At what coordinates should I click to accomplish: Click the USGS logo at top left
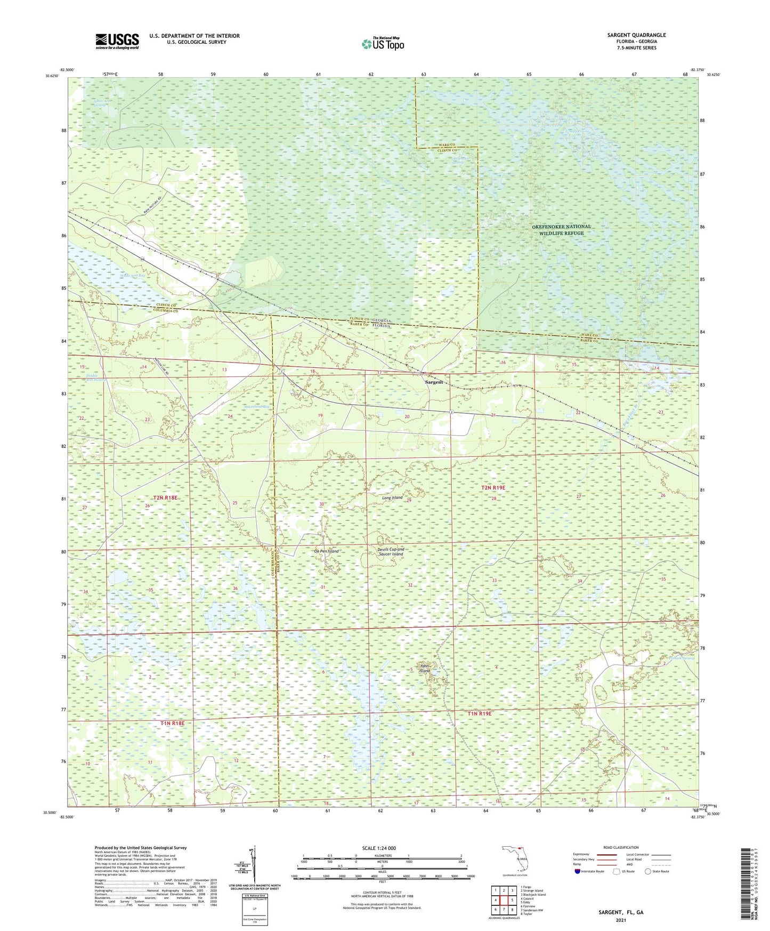point(117,41)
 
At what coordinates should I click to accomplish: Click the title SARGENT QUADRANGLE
point(636,35)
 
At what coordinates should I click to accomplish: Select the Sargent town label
point(433,382)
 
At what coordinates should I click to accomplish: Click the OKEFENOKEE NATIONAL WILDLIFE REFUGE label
point(561,230)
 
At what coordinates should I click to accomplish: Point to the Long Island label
point(392,497)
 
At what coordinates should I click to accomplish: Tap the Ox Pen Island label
point(326,551)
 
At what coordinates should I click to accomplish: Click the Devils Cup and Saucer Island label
point(391,551)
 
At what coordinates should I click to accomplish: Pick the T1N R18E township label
point(172,723)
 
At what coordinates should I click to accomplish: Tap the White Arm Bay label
point(132,276)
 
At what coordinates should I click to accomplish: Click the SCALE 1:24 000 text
point(378,848)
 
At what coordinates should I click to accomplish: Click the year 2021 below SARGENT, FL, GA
point(620,920)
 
